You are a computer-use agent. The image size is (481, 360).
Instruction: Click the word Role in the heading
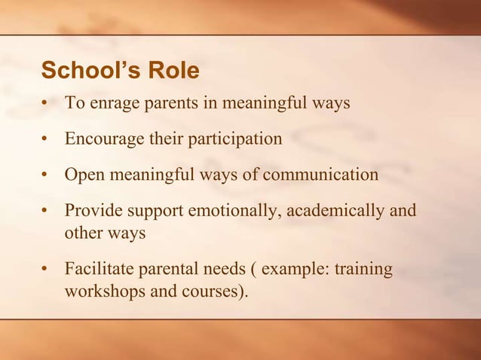pyautogui.click(x=174, y=71)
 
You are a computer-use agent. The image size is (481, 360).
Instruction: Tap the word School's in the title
pyautogui.click(x=90, y=71)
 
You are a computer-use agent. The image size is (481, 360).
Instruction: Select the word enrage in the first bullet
pyautogui.click(x=114, y=103)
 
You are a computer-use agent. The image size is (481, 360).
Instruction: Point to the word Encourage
pyautogui.click(x=103, y=139)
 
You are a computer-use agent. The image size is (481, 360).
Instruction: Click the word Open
pyautogui.click(x=84, y=175)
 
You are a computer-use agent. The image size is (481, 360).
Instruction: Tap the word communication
pyautogui.click(x=319, y=175)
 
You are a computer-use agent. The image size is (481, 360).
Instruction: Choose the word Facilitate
pyautogui.click(x=99, y=269)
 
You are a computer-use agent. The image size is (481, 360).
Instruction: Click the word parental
pyautogui.click(x=169, y=270)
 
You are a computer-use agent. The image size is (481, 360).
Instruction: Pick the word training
pyautogui.click(x=366, y=270)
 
